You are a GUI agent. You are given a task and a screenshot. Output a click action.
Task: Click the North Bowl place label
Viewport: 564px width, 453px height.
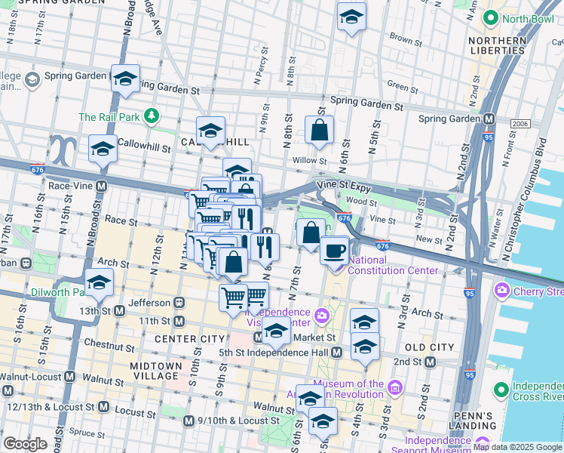[520, 17]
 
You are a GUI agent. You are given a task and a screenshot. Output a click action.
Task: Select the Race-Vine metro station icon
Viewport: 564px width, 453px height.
[100, 185]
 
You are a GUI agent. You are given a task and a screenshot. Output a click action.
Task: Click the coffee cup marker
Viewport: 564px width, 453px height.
[334, 250]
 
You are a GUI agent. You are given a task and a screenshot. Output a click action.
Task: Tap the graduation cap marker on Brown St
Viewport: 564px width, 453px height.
[351, 17]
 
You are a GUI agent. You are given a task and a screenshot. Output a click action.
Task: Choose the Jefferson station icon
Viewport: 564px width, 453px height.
[179, 302]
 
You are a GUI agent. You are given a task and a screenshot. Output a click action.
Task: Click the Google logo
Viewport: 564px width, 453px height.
[25, 444]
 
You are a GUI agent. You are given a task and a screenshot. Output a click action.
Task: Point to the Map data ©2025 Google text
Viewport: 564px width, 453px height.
[516, 447]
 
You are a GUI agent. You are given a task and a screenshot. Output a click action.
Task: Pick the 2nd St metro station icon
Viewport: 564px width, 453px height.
[429, 362]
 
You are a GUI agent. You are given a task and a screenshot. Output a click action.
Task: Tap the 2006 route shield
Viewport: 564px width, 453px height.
[520, 123]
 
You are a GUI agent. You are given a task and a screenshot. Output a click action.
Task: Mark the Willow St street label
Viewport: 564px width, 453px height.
[310, 160]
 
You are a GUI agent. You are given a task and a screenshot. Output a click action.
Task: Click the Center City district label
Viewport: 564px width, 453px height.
[190, 339]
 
